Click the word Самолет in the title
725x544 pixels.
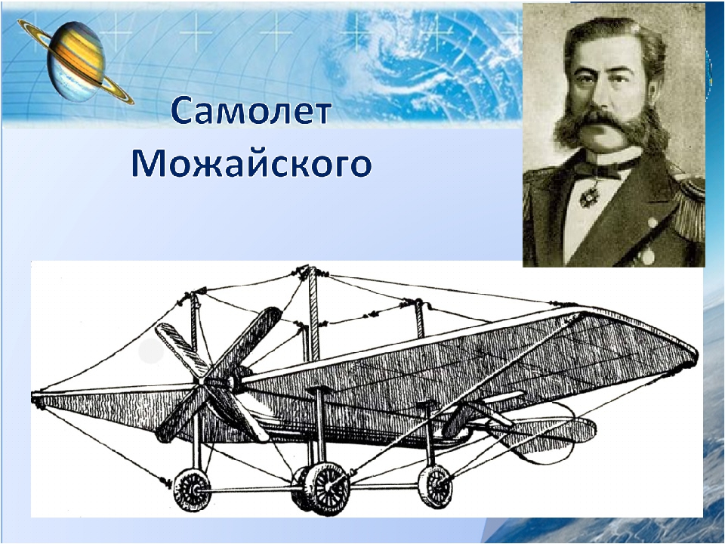coord(251,111)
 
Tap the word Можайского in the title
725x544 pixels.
coord(251,164)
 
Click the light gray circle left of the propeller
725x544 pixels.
coord(151,351)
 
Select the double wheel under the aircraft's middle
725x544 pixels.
coord(321,488)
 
